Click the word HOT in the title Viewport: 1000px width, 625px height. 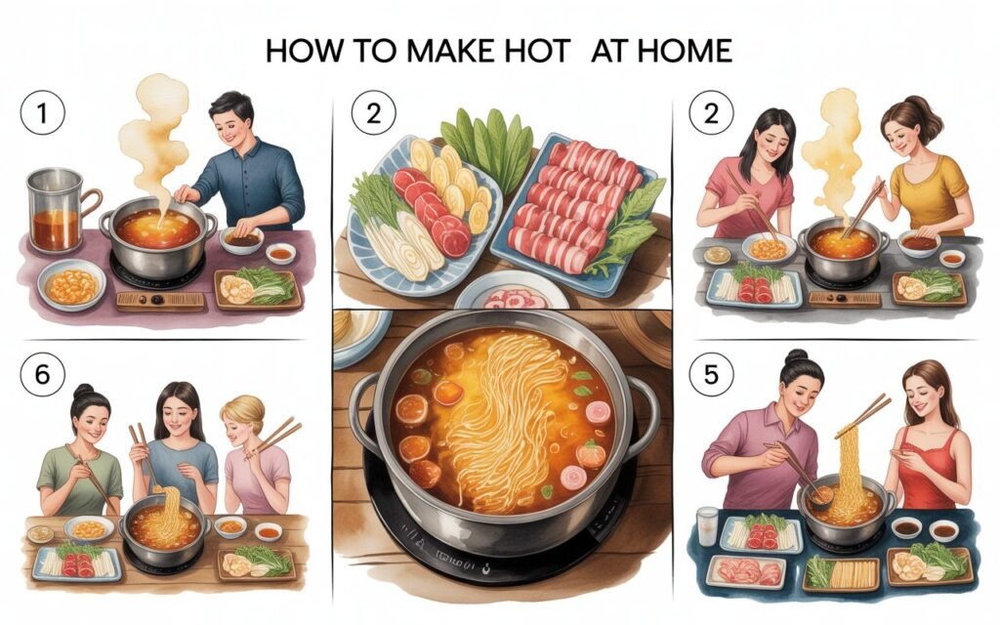coord(537,51)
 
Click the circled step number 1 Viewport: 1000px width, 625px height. coord(43,113)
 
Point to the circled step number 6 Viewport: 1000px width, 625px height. coord(43,374)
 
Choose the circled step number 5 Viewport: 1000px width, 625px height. coord(711,374)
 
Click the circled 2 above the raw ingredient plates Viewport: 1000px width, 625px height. coord(373,113)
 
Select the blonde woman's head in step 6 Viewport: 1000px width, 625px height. coord(242,419)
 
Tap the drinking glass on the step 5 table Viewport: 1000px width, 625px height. coord(707,526)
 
